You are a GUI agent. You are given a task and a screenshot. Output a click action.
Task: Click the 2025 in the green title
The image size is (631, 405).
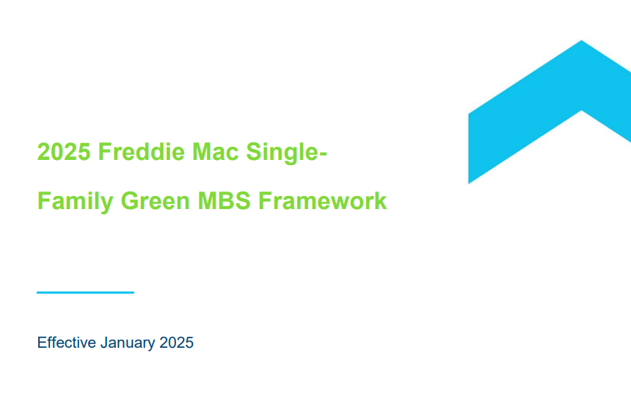point(64,152)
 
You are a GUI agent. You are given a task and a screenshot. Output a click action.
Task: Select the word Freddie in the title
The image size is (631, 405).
point(142,152)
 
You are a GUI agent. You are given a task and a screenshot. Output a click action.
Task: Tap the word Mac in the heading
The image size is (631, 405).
point(215,152)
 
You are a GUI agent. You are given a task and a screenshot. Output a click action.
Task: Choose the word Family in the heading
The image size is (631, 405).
point(75,202)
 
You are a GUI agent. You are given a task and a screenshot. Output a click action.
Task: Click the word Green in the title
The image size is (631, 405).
point(155,201)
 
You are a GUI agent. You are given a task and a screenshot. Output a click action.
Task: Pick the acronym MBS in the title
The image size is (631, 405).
point(224,201)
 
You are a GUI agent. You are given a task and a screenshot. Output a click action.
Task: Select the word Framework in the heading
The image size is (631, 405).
point(322,200)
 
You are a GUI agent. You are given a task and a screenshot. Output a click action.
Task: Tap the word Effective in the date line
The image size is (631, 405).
point(66,343)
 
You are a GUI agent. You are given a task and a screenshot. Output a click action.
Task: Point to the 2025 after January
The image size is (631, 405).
point(176,343)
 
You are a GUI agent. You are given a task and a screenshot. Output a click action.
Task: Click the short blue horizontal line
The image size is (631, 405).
point(85,293)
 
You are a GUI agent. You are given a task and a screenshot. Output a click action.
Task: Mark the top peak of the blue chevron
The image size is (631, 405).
point(582,40)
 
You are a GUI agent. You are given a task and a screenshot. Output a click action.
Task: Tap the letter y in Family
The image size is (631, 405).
point(107,205)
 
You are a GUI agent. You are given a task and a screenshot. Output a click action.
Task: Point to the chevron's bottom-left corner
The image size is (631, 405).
point(469,183)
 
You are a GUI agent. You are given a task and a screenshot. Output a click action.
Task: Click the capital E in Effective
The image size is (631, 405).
point(41,343)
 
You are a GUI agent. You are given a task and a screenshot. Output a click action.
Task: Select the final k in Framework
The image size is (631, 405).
point(381,200)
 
